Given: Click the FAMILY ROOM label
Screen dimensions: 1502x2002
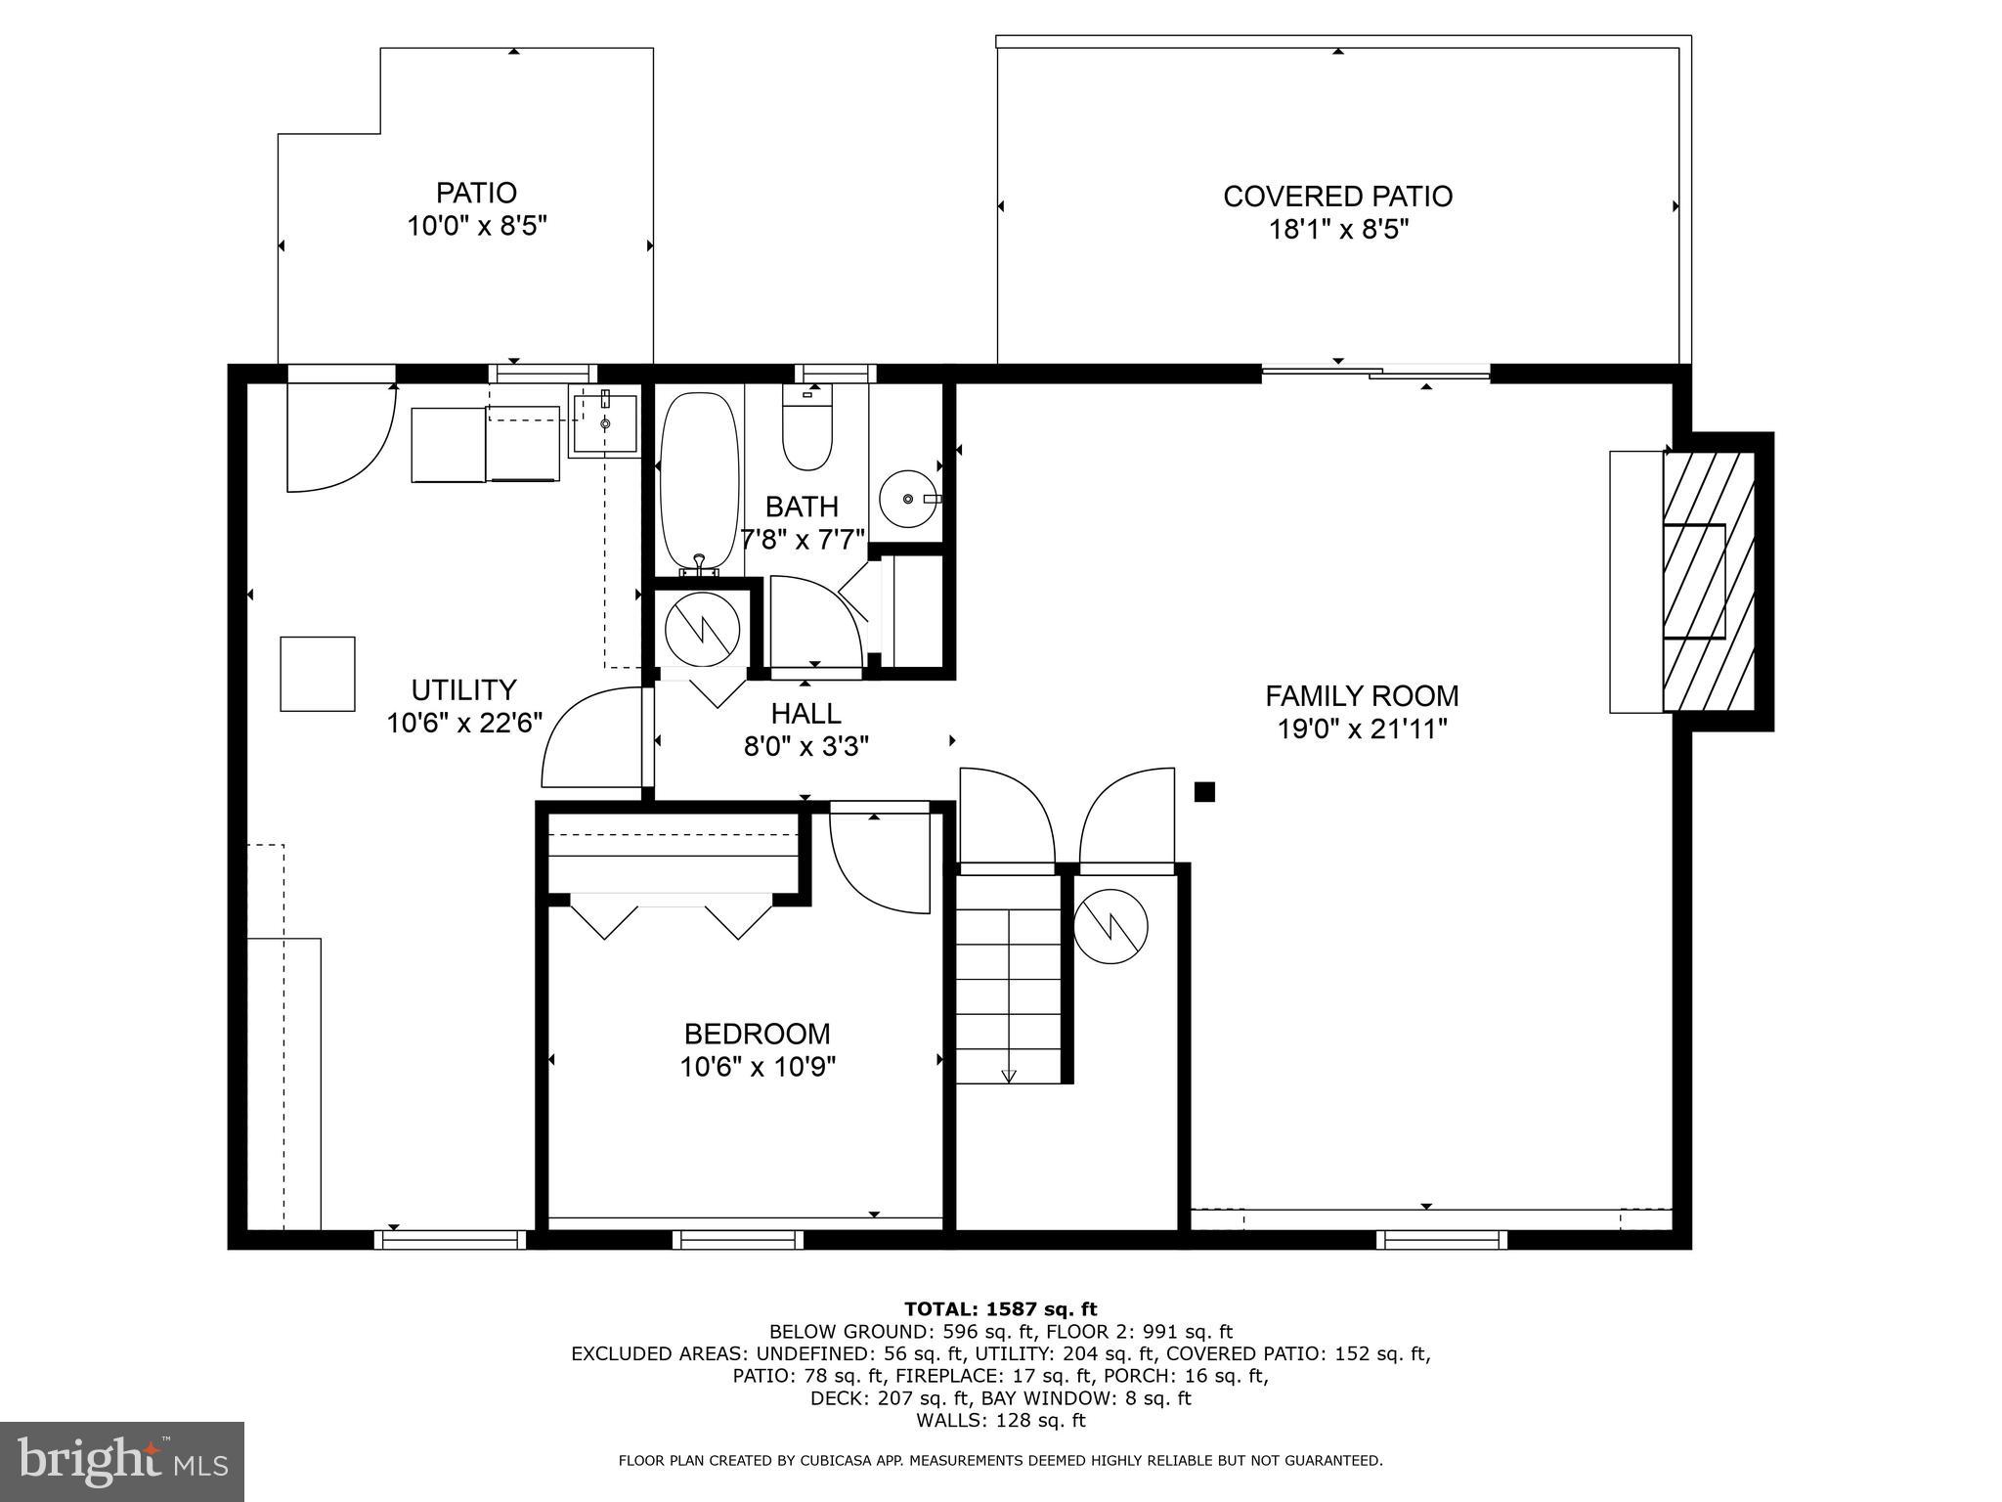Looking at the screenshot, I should [x=1362, y=696].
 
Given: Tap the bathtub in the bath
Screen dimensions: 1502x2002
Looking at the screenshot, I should [x=699, y=481].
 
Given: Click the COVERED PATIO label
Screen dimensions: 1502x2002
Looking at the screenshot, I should [x=1337, y=197].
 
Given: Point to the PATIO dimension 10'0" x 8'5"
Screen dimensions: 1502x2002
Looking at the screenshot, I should [x=476, y=226].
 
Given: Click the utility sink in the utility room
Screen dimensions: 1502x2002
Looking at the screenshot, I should [x=604, y=423].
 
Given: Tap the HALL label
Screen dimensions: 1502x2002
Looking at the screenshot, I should [x=805, y=713].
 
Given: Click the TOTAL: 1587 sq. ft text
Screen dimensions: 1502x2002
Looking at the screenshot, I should [x=1000, y=1308].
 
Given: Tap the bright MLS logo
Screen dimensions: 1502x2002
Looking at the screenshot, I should [x=121, y=1461].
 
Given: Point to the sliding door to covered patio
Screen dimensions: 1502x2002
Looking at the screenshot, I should [x=1374, y=372].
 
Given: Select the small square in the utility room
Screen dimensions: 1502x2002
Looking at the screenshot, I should [x=318, y=674].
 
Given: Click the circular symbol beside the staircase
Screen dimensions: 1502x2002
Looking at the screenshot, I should [x=1110, y=926].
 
